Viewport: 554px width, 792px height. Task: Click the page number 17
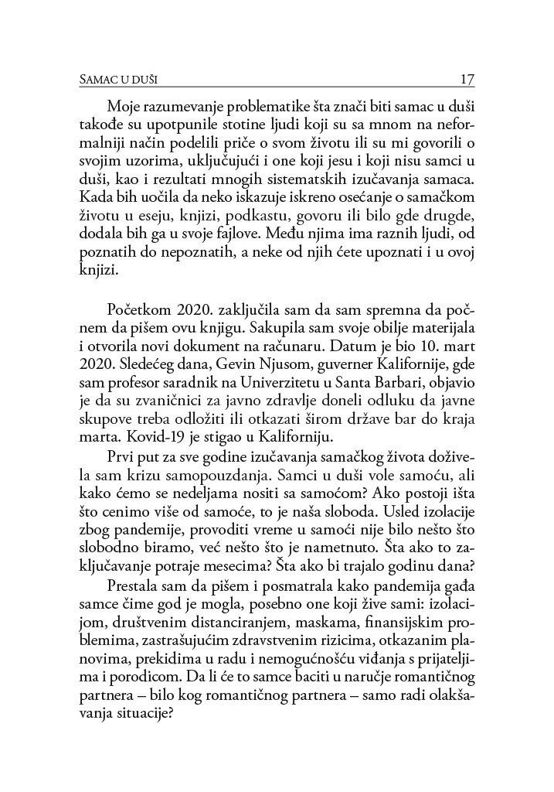pyautogui.click(x=466, y=79)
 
